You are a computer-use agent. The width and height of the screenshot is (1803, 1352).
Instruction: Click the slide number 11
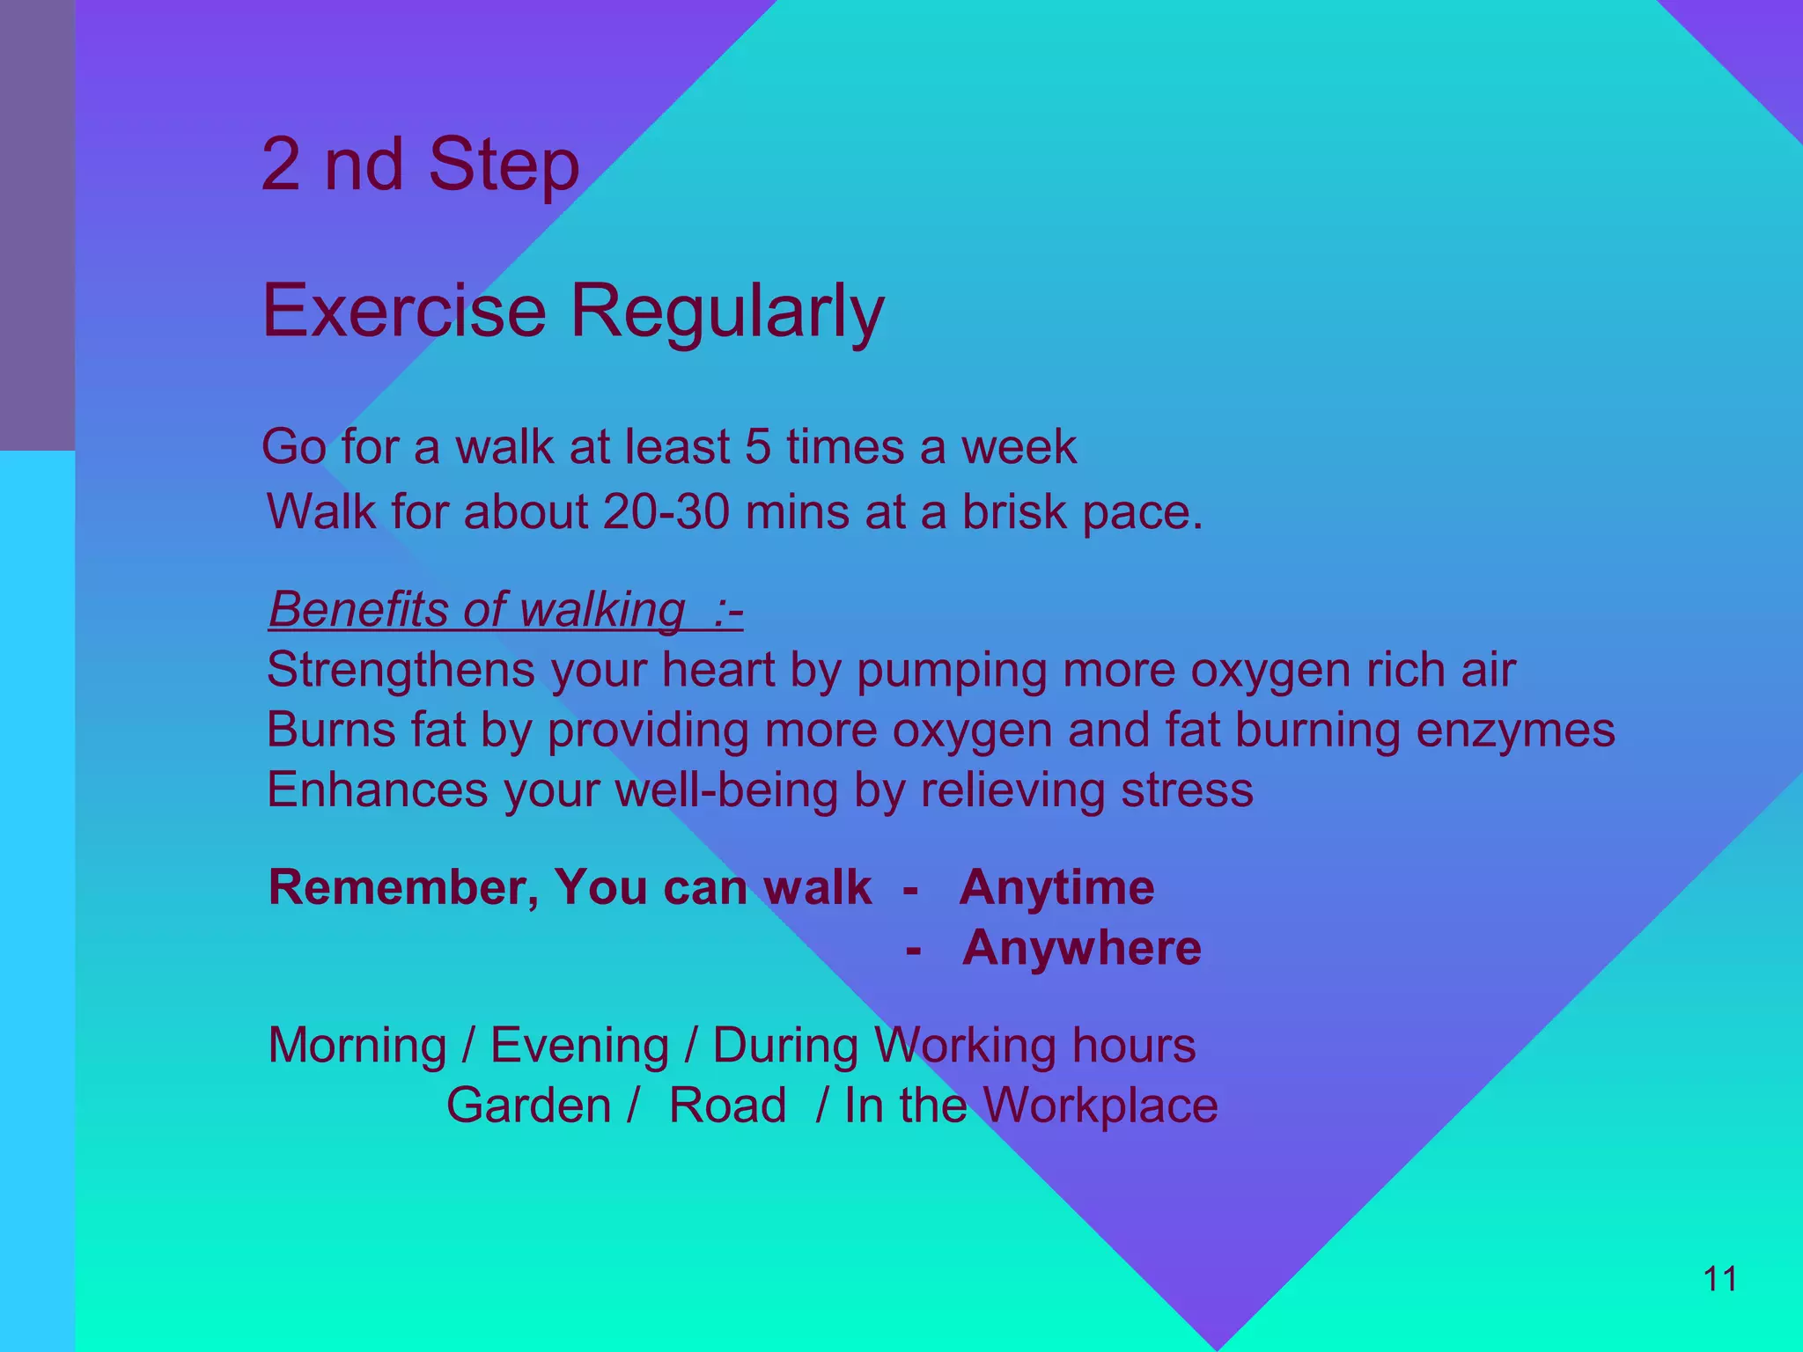tap(1720, 1279)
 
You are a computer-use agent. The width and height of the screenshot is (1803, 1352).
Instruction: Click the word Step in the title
tap(504, 165)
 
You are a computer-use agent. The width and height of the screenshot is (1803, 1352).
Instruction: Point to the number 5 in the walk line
tap(757, 446)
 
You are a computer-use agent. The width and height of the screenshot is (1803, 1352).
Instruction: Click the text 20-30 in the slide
tap(666, 511)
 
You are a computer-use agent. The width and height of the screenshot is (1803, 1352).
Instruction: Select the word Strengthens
tap(401, 670)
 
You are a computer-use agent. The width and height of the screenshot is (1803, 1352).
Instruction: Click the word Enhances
tap(377, 790)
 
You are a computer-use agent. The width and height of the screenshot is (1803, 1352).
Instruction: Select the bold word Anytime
tap(1056, 887)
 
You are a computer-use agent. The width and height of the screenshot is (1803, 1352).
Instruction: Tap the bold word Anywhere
tap(1081, 948)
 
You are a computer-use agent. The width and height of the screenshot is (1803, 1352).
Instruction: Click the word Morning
tap(357, 1046)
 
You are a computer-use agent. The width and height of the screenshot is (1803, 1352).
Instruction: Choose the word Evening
tap(579, 1046)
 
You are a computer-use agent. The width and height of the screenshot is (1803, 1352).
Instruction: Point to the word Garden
tap(528, 1106)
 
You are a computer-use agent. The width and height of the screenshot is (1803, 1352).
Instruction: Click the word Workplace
tap(1100, 1106)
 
